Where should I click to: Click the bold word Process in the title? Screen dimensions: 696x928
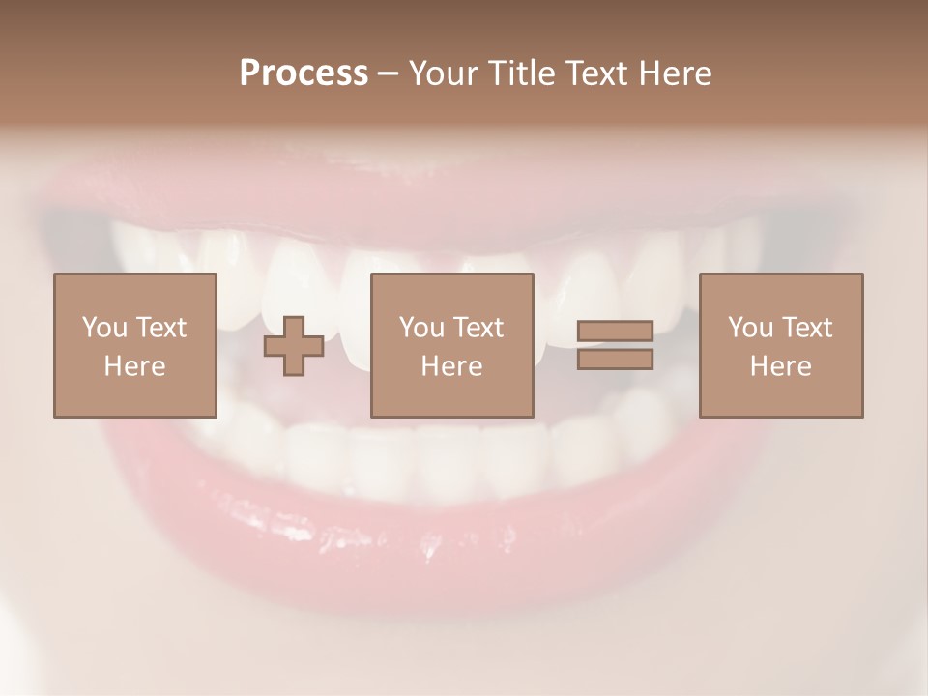[304, 73]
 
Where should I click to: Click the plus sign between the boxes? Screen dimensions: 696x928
[294, 346]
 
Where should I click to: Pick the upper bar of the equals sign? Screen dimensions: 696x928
[615, 332]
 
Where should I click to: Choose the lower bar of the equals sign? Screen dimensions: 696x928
[615, 360]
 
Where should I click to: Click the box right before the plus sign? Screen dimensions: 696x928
[135, 345]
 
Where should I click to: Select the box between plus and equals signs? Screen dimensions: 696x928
[452, 345]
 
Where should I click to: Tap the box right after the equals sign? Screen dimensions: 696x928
[781, 345]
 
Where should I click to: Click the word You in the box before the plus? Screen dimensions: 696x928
[103, 328]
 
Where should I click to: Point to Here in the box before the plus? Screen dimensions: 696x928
[134, 366]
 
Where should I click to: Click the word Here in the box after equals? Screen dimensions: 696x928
[780, 366]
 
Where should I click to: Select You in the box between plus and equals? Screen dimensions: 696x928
[420, 328]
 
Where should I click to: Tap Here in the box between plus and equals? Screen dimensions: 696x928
[451, 366]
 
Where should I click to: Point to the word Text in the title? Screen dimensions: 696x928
[599, 73]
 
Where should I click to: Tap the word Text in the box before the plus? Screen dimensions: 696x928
[160, 328]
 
